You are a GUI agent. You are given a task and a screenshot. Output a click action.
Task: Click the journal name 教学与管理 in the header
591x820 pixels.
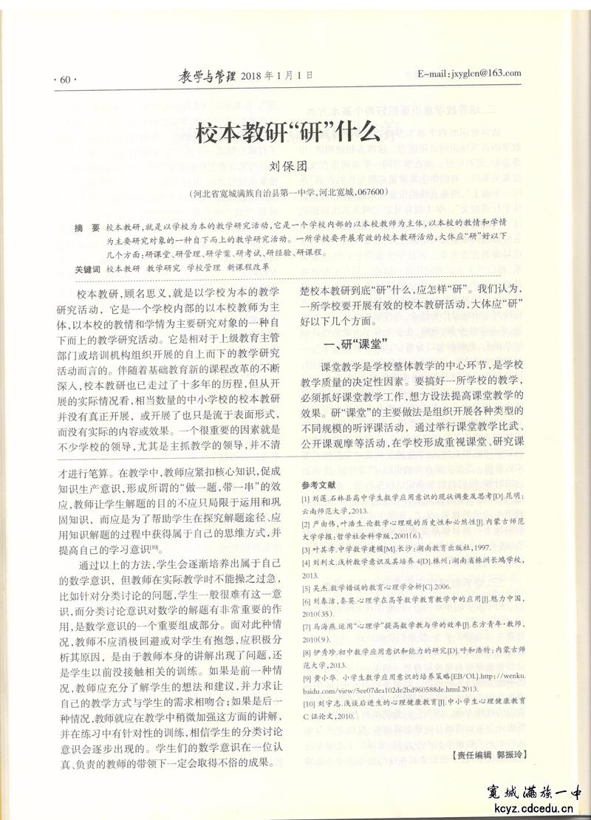tap(209, 75)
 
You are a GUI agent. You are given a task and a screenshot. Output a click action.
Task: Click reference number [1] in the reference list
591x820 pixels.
tap(307, 499)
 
